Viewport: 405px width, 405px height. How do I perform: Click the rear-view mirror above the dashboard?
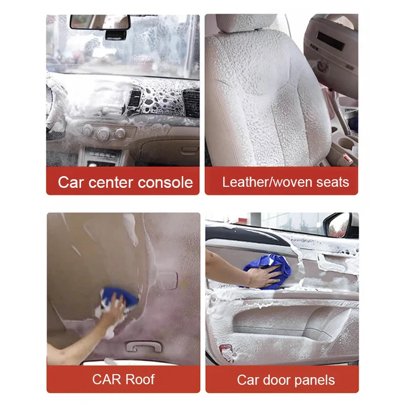point(100,22)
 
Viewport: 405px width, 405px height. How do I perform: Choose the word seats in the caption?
point(333,182)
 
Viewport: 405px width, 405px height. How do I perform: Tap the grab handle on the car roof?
point(144,347)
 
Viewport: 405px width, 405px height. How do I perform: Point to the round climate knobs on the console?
point(104,133)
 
